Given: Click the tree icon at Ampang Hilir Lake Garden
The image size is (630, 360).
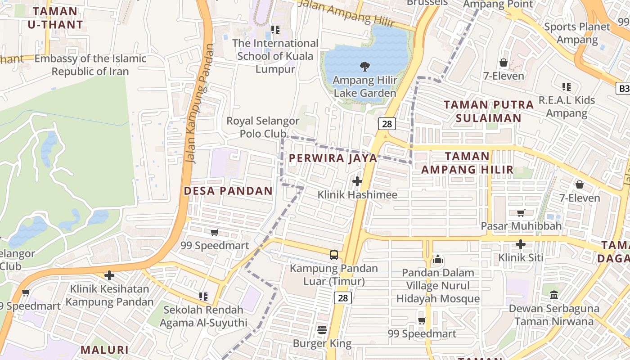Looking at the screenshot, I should [x=364, y=67].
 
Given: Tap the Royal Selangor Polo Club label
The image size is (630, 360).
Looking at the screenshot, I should [x=263, y=127].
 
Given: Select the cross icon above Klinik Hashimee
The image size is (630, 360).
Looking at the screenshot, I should [x=357, y=181].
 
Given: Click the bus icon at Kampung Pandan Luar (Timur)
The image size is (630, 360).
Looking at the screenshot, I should [x=334, y=255].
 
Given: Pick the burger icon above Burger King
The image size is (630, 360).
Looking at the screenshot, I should [x=322, y=330].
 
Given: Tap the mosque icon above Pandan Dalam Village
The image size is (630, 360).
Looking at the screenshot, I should [x=437, y=259].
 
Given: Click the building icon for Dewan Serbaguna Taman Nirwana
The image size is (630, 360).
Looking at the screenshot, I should [x=554, y=296].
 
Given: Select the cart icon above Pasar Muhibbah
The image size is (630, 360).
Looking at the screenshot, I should [x=521, y=213].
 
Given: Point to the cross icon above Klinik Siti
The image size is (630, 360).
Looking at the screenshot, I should [x=521, y=244].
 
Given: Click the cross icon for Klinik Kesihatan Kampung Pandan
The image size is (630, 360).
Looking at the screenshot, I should [x=109, y=275].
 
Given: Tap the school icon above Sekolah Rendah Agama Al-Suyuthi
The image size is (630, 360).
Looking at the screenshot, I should [x=203, y=297].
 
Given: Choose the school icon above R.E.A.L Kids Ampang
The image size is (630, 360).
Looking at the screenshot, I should [x=567, y=86].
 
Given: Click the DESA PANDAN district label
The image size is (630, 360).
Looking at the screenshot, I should [x=228, y=191].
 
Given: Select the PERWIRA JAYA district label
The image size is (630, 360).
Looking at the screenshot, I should [x=333, y=158].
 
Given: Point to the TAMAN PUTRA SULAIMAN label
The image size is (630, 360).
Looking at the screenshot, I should [x=489, y=111].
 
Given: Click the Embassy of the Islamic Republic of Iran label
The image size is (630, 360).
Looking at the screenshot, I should [x=90, y=65].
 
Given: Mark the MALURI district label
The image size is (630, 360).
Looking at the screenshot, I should [x=104, y=350].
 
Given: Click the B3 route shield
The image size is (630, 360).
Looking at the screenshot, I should [x=623, y=88].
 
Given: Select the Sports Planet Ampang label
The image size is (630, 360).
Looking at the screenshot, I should [x=577, y=33].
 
